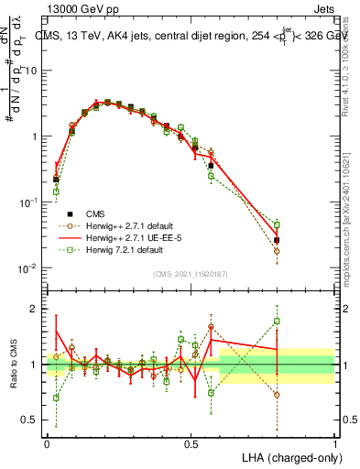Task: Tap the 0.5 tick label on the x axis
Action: click(x=191, y=443)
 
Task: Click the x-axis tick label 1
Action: click(x=334, y=443)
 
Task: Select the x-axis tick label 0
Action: click(x=47, y=443)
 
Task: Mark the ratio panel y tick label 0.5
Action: click(x=32, y=422)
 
